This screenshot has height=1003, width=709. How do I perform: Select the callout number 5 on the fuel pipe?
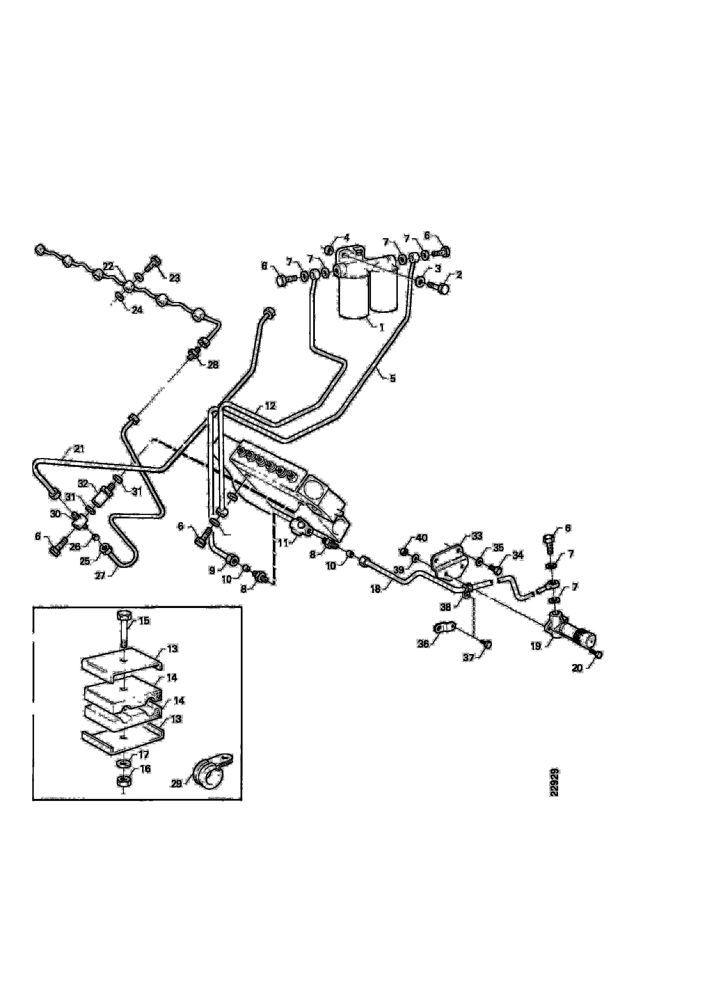coord(392,378)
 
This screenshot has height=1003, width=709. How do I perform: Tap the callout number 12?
coord(270,406)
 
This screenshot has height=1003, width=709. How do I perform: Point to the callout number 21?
coord(79,448)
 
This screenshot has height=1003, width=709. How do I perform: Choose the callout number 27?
coord(100,576)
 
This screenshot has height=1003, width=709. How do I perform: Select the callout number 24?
coord(137,310)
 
